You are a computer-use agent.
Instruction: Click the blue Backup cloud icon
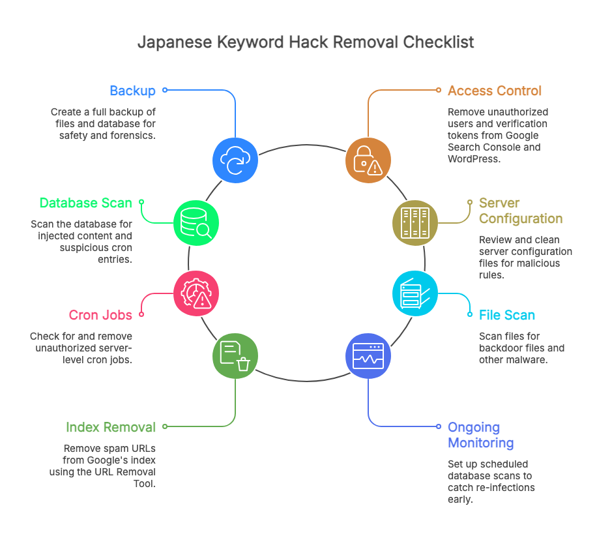pos(235,160)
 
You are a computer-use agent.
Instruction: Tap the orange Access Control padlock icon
pos(368,160)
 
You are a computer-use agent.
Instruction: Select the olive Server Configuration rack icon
pos(415,222)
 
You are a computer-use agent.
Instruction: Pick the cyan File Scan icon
pos(415,293)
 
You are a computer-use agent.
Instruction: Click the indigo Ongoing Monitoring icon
pos(368,355)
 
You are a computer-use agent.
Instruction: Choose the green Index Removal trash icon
pos(235,355)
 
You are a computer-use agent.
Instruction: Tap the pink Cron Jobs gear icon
pos(196,293)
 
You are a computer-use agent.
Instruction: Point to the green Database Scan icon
pos(196,222)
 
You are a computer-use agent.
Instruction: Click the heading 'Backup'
pos(132,91)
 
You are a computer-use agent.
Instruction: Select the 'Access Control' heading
pos(495,91)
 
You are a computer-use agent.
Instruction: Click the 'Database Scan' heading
pos(86,203)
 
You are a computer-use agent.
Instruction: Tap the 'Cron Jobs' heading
pos(100,315)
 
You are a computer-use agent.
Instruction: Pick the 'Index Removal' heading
pos(111,427)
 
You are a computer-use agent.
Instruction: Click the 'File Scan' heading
pos(506,315)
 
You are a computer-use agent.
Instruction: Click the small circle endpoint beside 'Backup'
pos(165,90)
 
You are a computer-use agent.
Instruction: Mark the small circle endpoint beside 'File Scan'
pos(471,315)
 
